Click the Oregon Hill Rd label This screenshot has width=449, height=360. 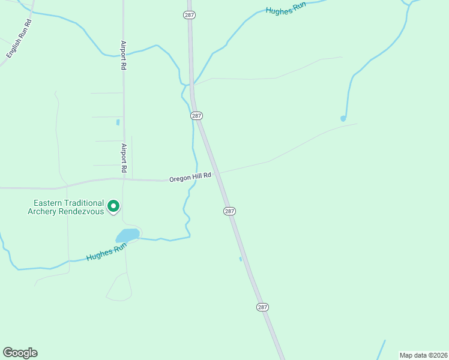(190, 177)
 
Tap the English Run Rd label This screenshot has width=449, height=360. (19, 39)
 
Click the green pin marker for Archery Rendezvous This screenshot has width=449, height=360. (113, 207)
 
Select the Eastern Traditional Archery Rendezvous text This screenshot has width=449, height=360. (66, 207)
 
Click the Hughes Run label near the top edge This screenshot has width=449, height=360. (286, 7)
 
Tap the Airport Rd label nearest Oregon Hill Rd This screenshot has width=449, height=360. (124, 158)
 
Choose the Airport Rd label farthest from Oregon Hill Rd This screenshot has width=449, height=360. (123, 55)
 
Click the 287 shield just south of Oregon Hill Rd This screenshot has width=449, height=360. (229, 211)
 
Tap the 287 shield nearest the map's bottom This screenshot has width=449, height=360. (262, 307)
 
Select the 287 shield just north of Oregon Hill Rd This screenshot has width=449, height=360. (197, 115)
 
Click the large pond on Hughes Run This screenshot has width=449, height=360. (128, 235)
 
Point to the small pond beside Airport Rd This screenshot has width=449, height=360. (118, 122)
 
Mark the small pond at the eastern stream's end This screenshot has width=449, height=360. (343, 118)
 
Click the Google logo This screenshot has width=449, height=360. (20, 353)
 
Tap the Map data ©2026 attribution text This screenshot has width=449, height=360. (423, 355)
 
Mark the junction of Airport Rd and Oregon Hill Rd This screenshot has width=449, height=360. (124, 178)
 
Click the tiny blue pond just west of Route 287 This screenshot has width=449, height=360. (241, 259)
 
